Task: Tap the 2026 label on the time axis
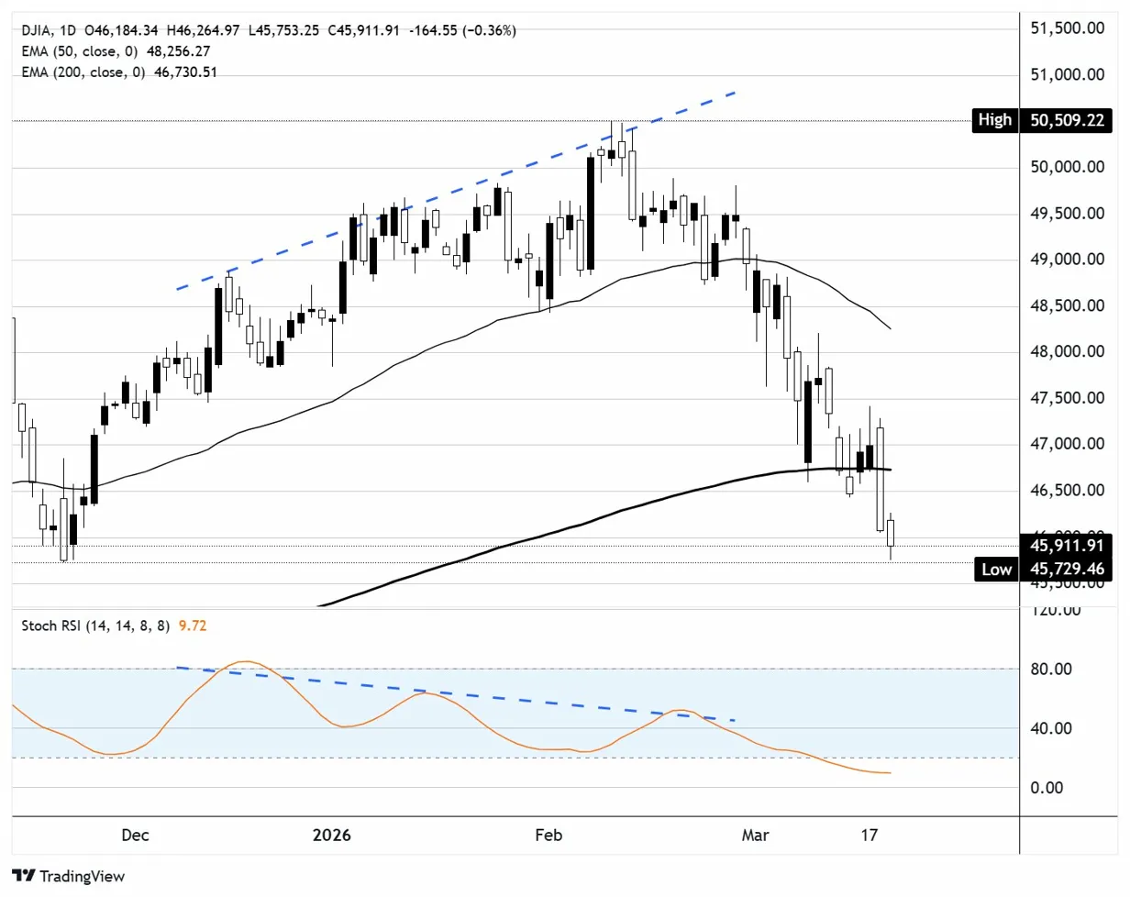331,836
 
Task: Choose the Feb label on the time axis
548,836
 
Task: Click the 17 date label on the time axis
870,836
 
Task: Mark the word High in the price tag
994,119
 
